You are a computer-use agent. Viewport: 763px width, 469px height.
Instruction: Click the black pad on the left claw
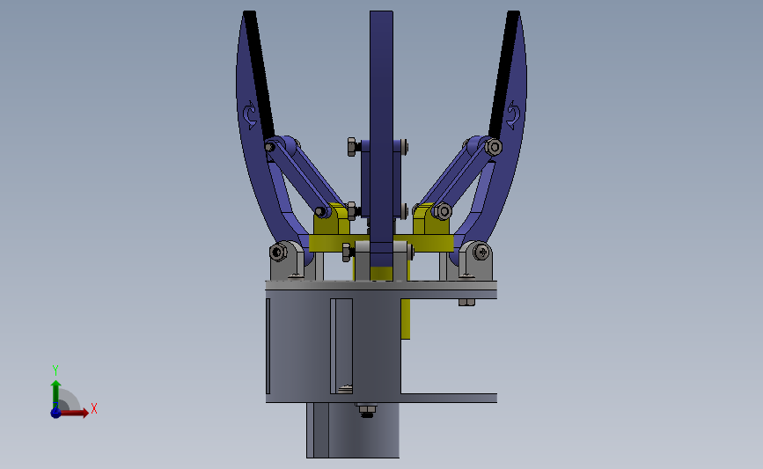coord(259,75)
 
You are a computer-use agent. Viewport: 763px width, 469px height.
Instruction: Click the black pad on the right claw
coord(504,75)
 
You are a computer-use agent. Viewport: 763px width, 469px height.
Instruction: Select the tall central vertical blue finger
coord(381,145)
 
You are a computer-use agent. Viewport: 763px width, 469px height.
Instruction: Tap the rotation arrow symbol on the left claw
coord(250,114)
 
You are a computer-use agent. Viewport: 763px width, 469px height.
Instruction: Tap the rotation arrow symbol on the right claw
coord(513,114)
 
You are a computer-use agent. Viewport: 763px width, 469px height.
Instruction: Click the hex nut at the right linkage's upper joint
coord(494,146)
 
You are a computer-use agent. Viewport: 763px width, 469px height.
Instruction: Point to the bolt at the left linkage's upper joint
coord(269,146)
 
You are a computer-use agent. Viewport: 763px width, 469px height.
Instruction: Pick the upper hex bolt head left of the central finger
coord(352,146)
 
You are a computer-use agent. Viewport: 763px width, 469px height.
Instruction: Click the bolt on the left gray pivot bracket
coord(278,253)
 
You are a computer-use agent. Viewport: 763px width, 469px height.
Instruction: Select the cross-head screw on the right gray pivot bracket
coord(482,252)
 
